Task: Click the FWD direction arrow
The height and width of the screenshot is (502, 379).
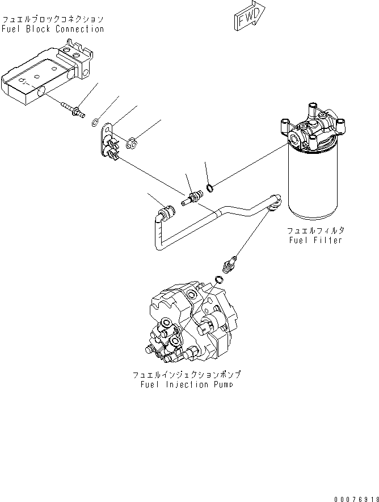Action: pos(248,15)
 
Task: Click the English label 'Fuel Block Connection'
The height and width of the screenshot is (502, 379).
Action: pos(53,29)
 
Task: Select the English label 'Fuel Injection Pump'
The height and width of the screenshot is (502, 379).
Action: pos(187,384)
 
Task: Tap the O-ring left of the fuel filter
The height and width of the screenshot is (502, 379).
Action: pos(210,187)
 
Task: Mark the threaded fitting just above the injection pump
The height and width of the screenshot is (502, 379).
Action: pos(230,265)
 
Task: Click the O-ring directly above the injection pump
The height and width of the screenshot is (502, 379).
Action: pos(219,279)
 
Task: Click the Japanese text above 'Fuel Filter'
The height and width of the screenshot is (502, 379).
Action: pos(315,231)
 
